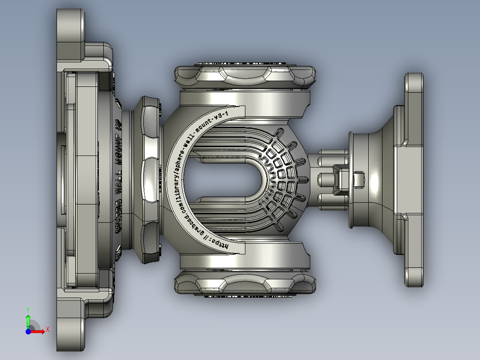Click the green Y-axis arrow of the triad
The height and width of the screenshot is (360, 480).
(x=28, y=320)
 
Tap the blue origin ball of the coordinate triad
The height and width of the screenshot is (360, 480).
(x=28, y=331)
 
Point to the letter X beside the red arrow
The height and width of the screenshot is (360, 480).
(x=47, y=330)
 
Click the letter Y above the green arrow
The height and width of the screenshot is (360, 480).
(x=28, y=309)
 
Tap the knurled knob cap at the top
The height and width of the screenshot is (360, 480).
(x=245, y=76)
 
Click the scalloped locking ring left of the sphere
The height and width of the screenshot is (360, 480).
(x=150, y=178)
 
